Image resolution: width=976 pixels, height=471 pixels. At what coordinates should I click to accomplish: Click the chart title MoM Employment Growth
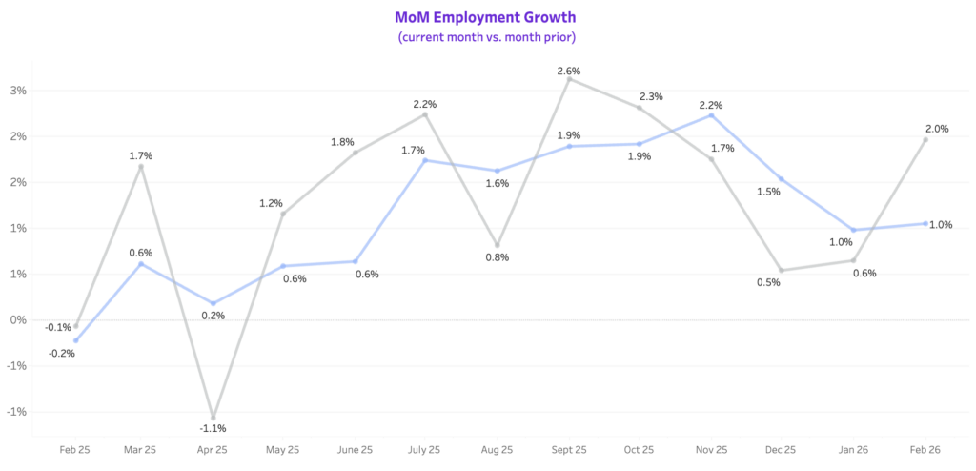[x=486, y=17]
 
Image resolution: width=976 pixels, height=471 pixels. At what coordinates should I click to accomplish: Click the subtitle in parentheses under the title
[x=486, y=37]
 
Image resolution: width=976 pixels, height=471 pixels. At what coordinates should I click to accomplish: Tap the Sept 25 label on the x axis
[x=569, y=449]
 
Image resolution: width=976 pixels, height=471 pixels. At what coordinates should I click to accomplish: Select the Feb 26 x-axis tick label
[x=925, y=449]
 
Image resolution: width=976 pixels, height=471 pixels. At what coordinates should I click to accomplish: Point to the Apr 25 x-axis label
[x=213, y=449]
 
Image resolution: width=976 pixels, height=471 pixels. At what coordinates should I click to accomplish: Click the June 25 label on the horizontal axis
[x=355, y=449]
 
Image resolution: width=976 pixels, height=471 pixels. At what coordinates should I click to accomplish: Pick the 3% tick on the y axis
[x=18, y=91]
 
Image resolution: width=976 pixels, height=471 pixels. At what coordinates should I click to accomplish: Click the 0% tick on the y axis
[x=18, y=319]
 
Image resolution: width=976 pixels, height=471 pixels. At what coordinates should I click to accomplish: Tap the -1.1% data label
[x=212, y=429]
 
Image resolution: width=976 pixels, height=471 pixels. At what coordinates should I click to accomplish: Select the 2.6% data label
[x=568, y=71]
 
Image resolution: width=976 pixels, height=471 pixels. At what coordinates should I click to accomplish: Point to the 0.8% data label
[x=497, y=257]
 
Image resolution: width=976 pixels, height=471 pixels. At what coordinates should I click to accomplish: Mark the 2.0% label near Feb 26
[x=936, y=129]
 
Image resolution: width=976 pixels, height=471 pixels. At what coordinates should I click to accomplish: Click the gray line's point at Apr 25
[x=213, y=418]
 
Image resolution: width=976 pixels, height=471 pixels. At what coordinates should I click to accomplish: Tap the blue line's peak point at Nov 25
[x=711, y=115]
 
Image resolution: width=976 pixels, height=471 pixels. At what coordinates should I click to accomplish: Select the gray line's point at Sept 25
[x=569, y=79]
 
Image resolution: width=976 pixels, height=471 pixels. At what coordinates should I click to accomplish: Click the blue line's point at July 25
[x=426, y=160]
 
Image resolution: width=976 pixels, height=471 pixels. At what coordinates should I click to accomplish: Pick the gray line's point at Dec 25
[x=782, y=270]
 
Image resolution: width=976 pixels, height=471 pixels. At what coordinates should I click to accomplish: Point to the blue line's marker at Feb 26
[x=925, y=223]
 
